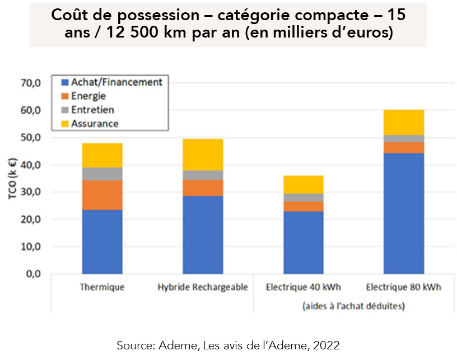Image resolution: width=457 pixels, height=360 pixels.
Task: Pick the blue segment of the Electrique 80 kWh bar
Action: [x=403, y=213]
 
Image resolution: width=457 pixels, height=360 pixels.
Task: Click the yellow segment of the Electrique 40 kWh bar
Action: [x=303, y=184]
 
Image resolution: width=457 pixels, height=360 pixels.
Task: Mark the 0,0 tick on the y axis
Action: [x=32, y=274]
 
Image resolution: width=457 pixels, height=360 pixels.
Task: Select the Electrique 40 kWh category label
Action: [x=303, y=288]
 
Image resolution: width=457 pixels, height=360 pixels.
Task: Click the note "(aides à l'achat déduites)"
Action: [x=353, y=306]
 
